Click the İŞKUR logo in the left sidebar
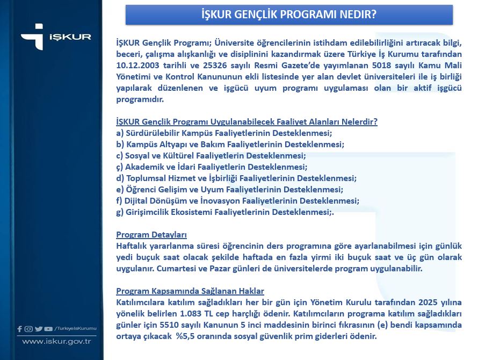56,37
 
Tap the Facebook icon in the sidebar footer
20,329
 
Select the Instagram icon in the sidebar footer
28,329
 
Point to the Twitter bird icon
38,329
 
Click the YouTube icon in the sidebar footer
48,329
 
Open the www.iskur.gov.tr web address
56,341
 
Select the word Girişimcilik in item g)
150,212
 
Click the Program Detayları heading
151,235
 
